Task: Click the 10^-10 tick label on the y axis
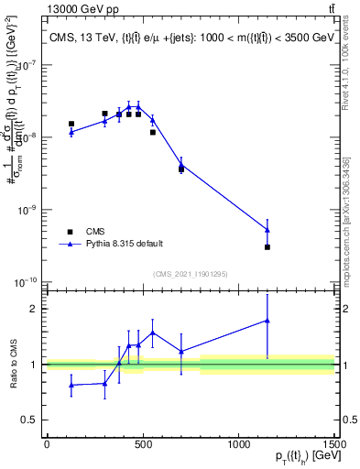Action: coord(25,282)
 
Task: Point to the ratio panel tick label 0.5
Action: coord(29,421)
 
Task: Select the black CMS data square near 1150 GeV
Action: coord(267,247)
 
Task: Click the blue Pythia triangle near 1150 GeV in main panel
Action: coord(267,229)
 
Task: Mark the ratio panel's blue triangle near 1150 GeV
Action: coord(267,321)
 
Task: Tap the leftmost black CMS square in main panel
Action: coord(71,124)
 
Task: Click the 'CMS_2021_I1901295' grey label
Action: coord(189,273)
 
